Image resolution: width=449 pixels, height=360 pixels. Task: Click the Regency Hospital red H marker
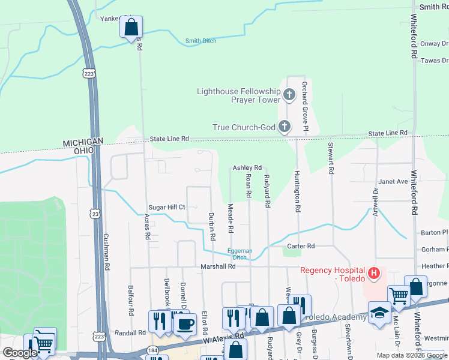point(374,274)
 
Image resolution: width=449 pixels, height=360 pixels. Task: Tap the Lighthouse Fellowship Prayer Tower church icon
point(289,94)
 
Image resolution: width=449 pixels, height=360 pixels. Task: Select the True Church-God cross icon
point(285,127)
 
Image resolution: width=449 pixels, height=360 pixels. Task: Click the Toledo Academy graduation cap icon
point(379,313)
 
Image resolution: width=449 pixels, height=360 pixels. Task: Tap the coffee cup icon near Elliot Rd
point(185,324)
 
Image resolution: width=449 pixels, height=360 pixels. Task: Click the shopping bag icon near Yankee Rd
point(131,27)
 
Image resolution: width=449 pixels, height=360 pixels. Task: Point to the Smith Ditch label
point(201,41)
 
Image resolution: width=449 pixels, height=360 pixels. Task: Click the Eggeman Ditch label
point(240,254)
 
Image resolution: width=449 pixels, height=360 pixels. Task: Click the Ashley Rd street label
point(247,167)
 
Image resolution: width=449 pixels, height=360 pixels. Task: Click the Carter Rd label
point(301,246)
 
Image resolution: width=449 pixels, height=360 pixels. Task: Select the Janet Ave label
point(393,181)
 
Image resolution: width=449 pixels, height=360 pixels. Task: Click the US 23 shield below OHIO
point(94,213)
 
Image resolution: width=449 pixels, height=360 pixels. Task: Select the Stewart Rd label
point(330,158)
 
